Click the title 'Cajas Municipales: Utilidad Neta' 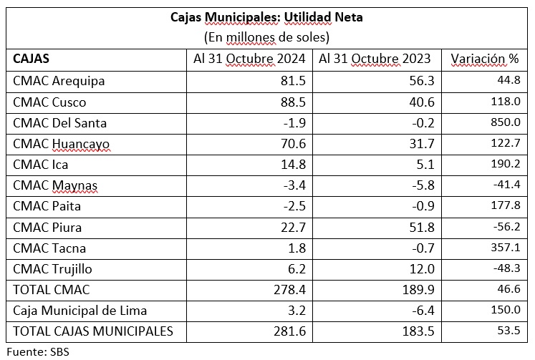click(x=266, y=17)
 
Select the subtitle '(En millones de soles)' click(x=266, y=37)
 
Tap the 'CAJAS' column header click(x=31, y=59)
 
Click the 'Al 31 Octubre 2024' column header click(x=249, y=59)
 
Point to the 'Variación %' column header click(x=485, y=59)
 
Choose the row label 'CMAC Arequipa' click(x=59, y=82)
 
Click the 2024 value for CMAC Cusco click(x=293, y=102)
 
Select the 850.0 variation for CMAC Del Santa click(x=506, y=122)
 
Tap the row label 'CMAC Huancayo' click(x=62, y=144)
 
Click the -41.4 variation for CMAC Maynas click(x=506, y=185)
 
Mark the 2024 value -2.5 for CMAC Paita click(x=294, y=206)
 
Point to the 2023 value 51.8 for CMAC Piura click(x=422, y=228)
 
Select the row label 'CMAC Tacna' click(x=49, y=248)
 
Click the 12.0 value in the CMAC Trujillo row click(x=422, y=269)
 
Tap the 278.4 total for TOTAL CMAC click(x=289, y=290)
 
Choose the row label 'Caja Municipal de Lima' click(x=79, y=311)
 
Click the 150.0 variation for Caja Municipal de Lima click(x=506, y=310)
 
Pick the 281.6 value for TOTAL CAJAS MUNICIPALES click(x=289, y=331)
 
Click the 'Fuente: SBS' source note click(x=38, y=352)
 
